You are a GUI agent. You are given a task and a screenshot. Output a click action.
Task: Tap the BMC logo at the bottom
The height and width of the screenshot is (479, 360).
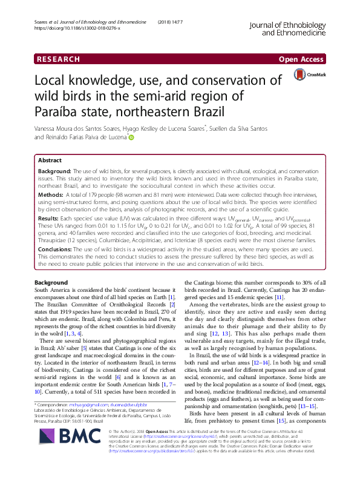(x=53, y=451)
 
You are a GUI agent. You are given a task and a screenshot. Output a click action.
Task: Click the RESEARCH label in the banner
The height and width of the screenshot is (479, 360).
(x=57, y=59)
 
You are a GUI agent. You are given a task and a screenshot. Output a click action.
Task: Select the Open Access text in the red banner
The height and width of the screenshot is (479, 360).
(x=302, y=59)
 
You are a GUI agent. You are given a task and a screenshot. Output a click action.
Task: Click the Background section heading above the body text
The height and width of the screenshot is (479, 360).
(x=51, y=283)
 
